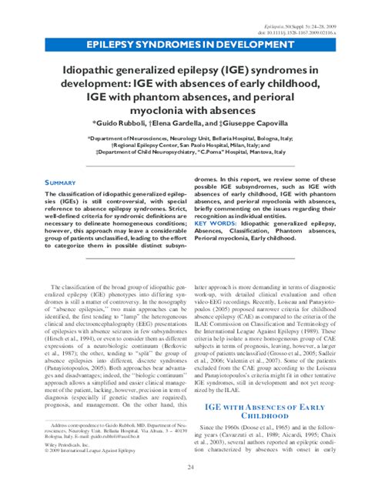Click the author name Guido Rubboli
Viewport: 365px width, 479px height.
pyautogui.click(x=122, y=122)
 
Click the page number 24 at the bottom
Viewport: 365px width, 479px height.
pyautogui.click(x=182, y=465)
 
